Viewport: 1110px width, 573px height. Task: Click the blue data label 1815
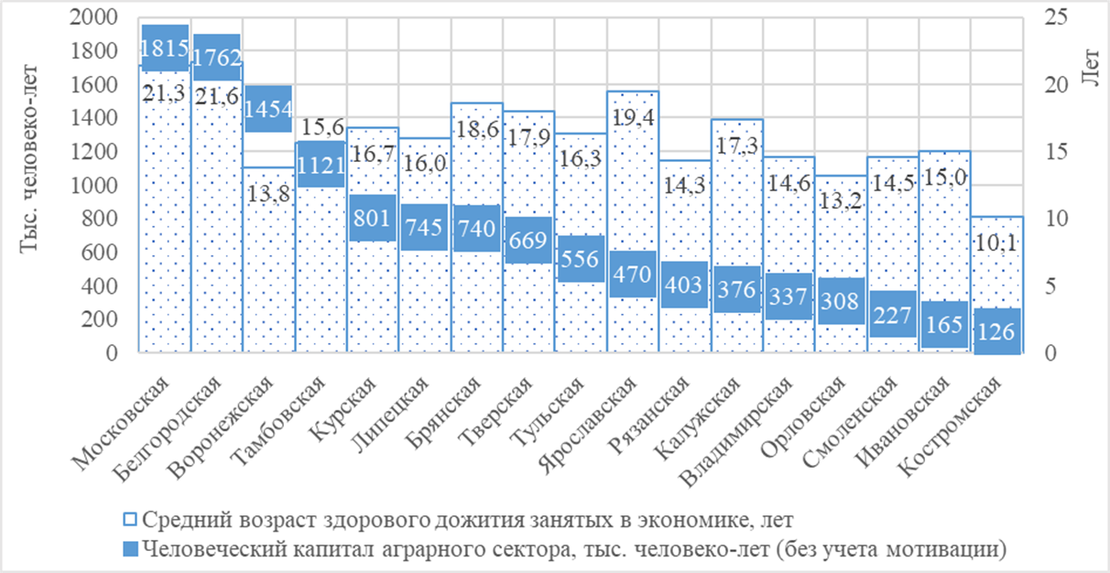[x=165, y=48]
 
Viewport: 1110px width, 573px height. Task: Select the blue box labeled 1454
[x=269, y=109]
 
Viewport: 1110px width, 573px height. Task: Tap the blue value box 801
[x=372, y=219]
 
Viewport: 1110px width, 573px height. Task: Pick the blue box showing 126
[x=997, y=330]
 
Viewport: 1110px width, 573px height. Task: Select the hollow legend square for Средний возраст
[x=130, y=519]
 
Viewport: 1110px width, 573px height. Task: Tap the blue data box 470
[x=633, y=274]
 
